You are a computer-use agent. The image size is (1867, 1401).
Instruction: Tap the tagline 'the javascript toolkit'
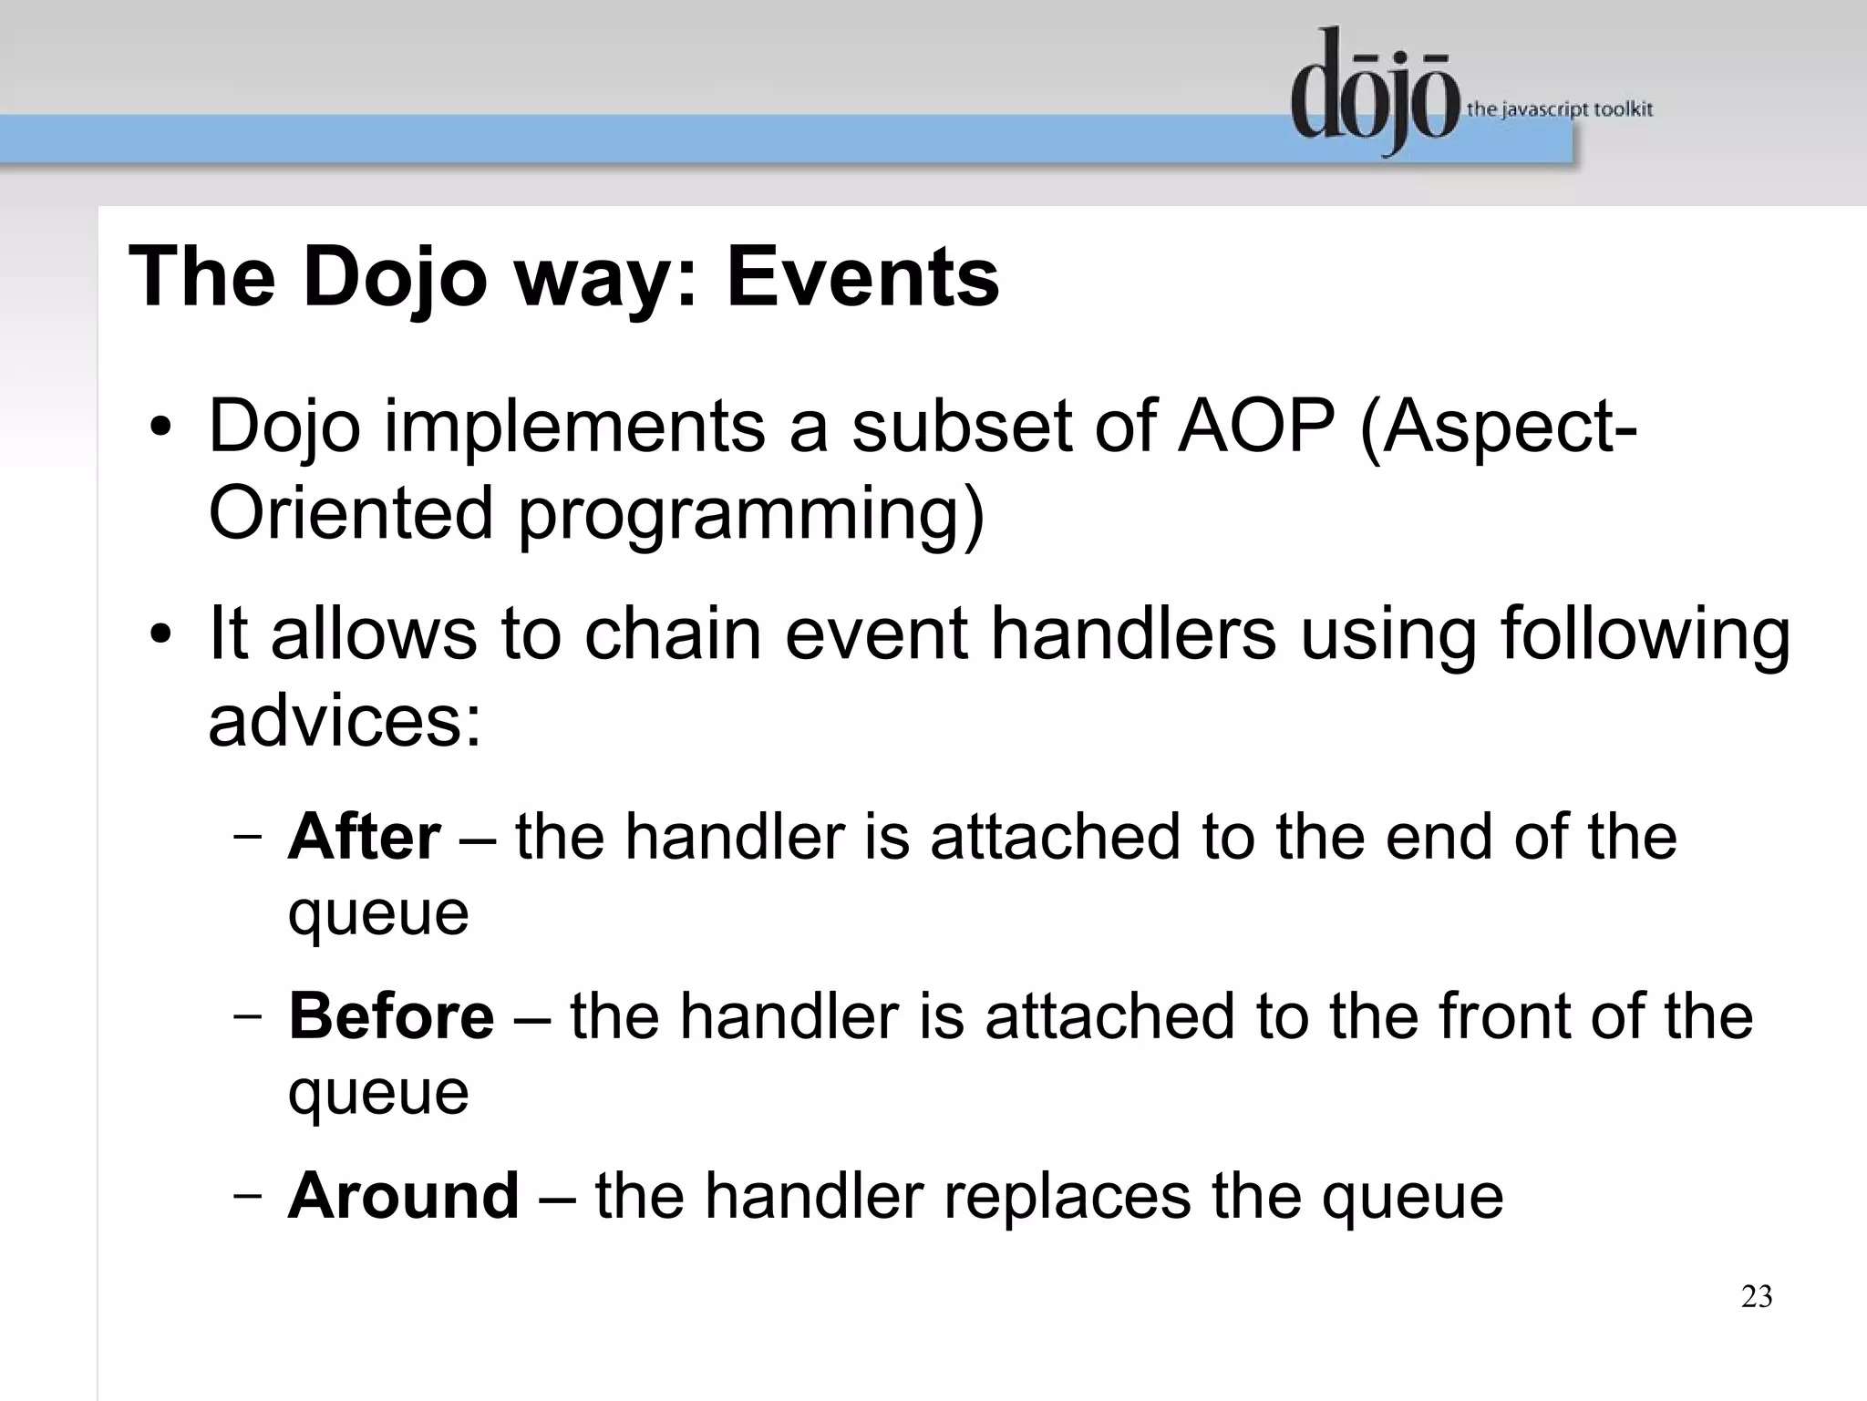(1559, 110)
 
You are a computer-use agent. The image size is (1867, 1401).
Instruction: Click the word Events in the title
(862, 277)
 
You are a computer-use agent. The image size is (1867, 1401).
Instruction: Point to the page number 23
(1756, 1296)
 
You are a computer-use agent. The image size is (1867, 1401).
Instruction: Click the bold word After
(365, 837)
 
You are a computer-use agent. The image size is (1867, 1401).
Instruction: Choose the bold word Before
(391, 1015)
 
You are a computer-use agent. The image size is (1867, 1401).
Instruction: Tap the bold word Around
(403, 1195)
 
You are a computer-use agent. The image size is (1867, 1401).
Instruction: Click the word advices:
(345, 720)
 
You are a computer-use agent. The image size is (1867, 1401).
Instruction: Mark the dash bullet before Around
(247, 1195)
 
